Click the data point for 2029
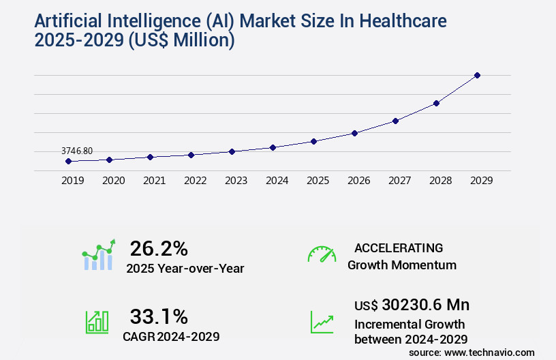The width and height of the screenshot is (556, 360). (477, 75)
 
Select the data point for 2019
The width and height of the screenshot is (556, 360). (68, 162)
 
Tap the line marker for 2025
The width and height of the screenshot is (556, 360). (313, 141)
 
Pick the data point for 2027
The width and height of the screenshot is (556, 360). (395, 121)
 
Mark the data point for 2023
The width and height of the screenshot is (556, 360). (232, 151)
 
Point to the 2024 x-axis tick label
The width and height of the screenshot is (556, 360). (277, 181)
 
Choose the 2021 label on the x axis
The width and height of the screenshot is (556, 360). (154, 181)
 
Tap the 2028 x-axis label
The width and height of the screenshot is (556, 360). (440, 181)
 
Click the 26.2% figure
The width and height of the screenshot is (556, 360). (159, 248)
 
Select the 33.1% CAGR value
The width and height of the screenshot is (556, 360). (159, 316)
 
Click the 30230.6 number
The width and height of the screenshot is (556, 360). (415, 305)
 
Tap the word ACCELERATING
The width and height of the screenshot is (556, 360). (399, 247)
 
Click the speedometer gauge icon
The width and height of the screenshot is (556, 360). (322, 254)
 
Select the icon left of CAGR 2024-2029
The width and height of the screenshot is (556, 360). (97, 322)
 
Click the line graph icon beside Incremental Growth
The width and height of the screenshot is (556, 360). (322, 322)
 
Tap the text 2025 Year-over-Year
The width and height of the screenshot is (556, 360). (185, 269)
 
